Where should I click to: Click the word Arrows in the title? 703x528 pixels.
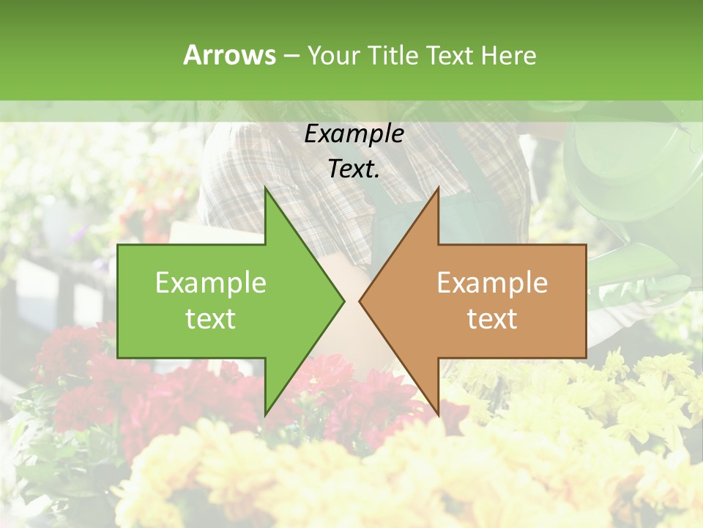tap(229, 55)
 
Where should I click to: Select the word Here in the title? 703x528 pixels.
tap(508, 55)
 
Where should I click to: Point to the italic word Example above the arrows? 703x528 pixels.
tap(354, 133)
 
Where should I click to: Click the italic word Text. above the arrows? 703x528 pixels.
tap(354, 169)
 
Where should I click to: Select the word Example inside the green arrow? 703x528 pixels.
tap(210, 282)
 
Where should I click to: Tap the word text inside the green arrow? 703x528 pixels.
tap(210, 319)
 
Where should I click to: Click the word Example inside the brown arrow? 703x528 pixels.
tap(492, 282)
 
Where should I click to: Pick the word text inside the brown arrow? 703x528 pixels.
tap(492, 319)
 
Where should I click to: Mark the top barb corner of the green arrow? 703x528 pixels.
tap(265, 188)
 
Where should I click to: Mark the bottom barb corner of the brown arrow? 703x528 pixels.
tap(438, 415)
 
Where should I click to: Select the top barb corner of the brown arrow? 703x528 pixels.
tap(438, 188)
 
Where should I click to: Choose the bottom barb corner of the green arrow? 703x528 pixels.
tap(265, 415)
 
